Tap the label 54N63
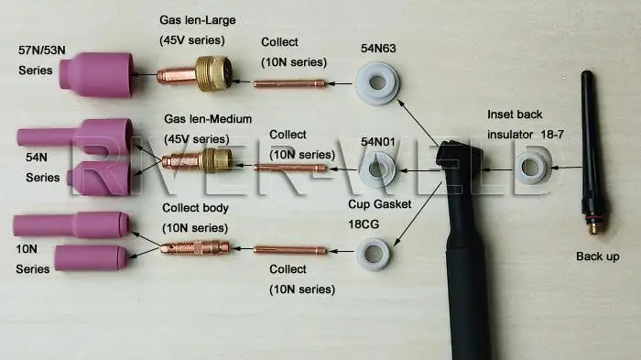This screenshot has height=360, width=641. click(x=380, y=52)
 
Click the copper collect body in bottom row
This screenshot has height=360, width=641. click(x=195, y=246)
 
